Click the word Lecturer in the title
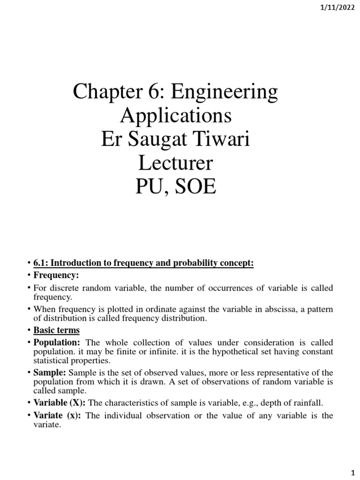coord(175,164)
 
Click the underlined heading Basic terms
coord(56,330)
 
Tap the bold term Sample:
coord(50,373)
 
